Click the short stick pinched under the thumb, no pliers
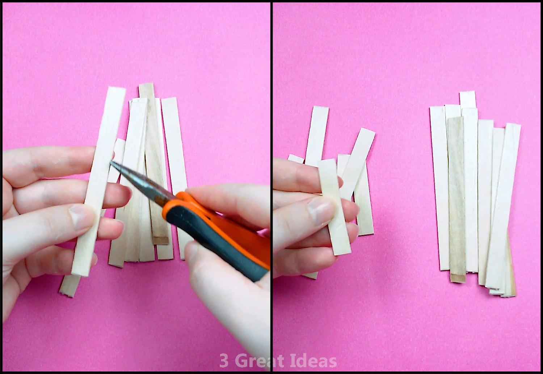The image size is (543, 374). coord(334,207)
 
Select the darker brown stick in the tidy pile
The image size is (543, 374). coord(457,200)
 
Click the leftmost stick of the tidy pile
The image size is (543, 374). coord(439,189)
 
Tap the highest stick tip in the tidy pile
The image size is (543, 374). coord(467,92)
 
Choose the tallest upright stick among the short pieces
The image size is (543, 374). coord(317,136)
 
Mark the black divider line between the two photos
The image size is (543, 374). coord(272,187)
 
